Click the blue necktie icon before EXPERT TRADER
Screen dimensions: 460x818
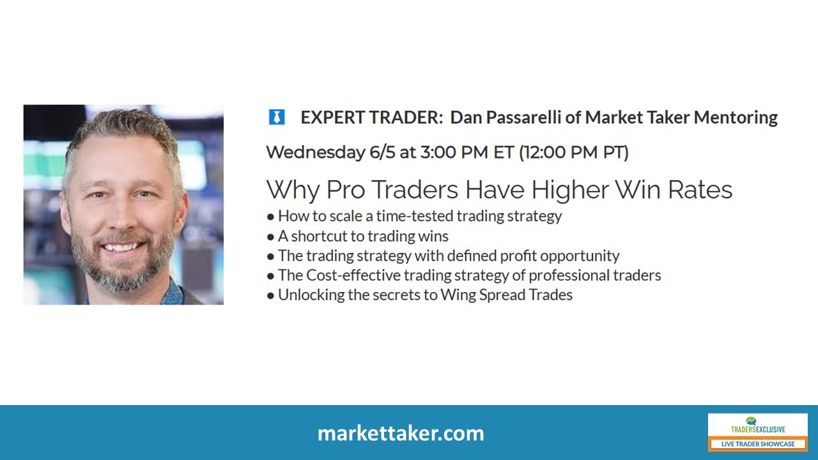(x=276, y=118)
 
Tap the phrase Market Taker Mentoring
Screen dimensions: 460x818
(x=681, y=118)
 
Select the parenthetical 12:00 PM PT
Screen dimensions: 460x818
(x=573, y=152)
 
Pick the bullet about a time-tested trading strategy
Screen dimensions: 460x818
(x=419, y=216)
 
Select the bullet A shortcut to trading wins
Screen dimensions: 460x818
(x=363, y=236)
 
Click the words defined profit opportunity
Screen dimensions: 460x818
(x=533, y=256)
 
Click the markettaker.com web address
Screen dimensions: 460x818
(x=401, y=433)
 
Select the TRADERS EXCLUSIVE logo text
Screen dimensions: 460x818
(x=758, y=429)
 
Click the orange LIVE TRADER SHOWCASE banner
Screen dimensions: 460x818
(x=758, y=443)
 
